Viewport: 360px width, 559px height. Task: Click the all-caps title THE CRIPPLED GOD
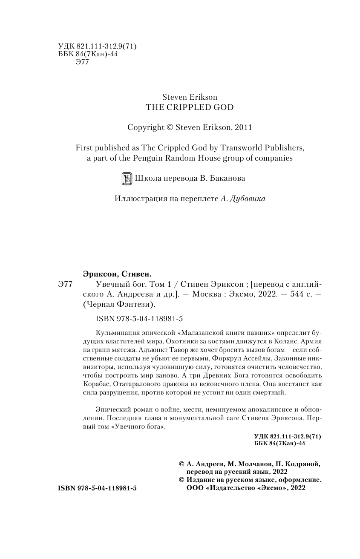(x=190, y=107)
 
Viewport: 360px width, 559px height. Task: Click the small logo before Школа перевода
(x=127, y=179)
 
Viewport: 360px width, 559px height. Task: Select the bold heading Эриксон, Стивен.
(x=117, y=274)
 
